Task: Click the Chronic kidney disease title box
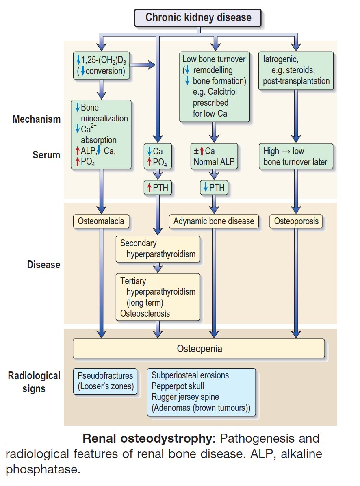click(x=198, y=17)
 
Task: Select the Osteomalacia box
click(x=101, y=221)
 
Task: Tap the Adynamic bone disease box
click(x=213, y=221)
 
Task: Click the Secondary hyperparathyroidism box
click(x=158, y=249)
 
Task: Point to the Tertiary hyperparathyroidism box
click(x=158, y=297)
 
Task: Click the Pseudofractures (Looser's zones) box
click(x=105, y=381)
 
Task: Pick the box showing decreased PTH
click(x=214, y=188)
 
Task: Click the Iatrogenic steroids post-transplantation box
click(x=296, y=70)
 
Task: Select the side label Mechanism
click(x=36, y=119)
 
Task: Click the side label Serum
click(x=46, y=155)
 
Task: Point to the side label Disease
click(x=43, y=265)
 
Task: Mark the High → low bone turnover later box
click(x=295, y=156)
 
